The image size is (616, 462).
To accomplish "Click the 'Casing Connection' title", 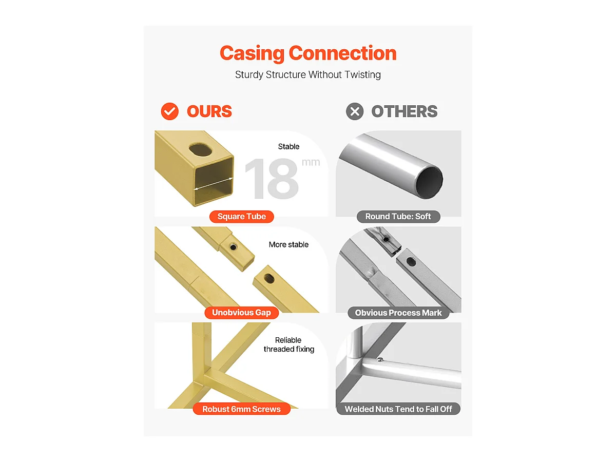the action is tap(308, 53).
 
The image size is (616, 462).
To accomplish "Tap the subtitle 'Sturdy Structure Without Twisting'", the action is tap(308, 74).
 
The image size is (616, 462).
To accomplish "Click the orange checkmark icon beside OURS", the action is tap(169, 111).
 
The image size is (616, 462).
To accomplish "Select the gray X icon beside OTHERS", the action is tap(354, 111).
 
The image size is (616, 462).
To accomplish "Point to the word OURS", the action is tap(209, 111).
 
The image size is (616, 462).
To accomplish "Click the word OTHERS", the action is tap(405, 111).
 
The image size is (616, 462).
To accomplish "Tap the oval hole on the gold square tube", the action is tap(200, 150).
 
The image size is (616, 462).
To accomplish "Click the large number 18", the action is tap(272, 179).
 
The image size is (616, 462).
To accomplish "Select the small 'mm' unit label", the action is tap(311, 162).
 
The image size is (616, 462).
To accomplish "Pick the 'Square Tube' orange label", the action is tap(242, 217).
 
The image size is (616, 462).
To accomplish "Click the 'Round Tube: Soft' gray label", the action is tap(398, 217).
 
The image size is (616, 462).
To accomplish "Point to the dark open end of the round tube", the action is tap(429, 183).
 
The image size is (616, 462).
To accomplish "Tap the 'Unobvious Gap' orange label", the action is tap(242, 313).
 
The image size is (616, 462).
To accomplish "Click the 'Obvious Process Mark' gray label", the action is tap(398, 313).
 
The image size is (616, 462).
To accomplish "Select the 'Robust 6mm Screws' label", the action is tap(242, 409).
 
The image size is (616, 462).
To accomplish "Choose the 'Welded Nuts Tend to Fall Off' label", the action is tap(398, 409).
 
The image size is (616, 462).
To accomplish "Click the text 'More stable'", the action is tap(288, 245).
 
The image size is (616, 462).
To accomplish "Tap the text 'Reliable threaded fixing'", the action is tap(289, 344).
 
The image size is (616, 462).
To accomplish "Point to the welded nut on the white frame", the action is tap(380, 359).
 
